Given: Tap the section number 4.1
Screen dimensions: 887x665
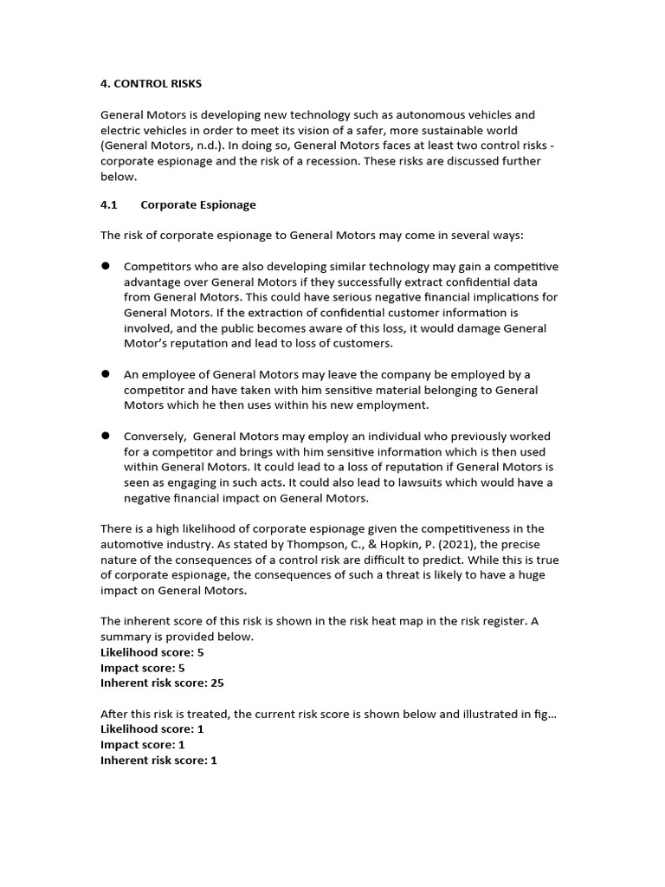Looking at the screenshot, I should pyautogui.click(x=110, y=205).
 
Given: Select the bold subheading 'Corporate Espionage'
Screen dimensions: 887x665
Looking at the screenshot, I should pyautogui.click(x=198, y=205).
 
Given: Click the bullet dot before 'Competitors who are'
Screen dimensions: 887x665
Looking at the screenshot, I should pyautogui.click(x=106, y=266).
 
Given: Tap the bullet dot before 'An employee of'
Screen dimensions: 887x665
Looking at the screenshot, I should pyautogui.click(x=106, y=374).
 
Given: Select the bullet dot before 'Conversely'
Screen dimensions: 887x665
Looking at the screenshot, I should pyautogui.click(x=106, y=436).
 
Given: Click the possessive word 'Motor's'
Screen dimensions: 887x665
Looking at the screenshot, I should pyautogui.click(x=146, y=343).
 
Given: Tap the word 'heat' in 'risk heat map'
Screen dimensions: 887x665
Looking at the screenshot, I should pyautogui.click(x=378, y=621).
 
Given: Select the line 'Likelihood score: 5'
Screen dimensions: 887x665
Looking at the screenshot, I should pyautogui.click(x=152, y=652).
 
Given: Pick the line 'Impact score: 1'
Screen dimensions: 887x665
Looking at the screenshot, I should pyautogui.click(x=143, y=745).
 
